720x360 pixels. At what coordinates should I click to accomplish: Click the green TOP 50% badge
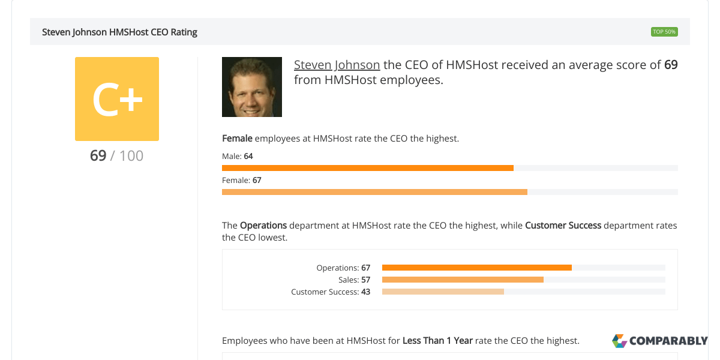664,32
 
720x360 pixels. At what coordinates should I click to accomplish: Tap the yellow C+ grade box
117,99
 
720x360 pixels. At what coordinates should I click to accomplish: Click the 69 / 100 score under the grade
117,156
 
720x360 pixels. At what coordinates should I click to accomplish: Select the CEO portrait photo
252,87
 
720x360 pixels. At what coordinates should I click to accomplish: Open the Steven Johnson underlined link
337,65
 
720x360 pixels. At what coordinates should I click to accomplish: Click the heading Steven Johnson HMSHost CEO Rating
119,32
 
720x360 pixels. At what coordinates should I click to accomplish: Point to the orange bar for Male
368,168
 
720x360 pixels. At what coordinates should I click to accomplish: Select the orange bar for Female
374,192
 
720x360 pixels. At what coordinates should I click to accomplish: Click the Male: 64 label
238,156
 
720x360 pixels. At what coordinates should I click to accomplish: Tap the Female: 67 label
242,180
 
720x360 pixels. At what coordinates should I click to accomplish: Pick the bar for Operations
477,268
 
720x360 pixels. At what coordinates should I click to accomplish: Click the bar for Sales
463,280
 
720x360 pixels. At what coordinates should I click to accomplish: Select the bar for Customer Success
443,292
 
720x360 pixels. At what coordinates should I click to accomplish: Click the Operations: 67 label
343,268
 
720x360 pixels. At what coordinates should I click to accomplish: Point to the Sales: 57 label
354,280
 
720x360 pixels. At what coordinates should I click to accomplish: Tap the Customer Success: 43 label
331,292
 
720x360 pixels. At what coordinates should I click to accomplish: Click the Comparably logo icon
619,341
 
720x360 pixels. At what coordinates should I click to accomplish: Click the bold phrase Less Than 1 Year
437,341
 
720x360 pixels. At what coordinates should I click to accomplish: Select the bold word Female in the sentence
237,139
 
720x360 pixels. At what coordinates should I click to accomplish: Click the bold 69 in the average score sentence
671,65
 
